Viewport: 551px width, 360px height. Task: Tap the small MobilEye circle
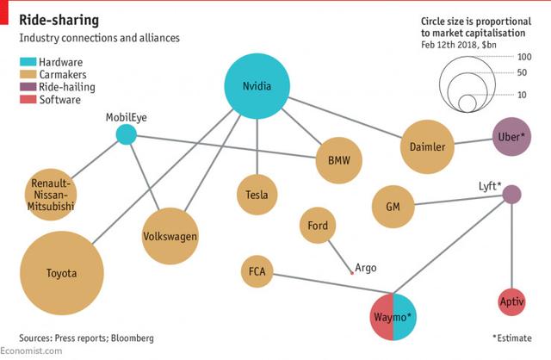tap(127, 135)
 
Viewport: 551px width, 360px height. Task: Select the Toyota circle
tap(61, 274)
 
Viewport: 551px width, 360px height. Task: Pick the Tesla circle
tap(257, 195)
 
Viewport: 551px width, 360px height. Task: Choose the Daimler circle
tap(427, 147)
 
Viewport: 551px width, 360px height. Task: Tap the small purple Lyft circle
tap(511, 195)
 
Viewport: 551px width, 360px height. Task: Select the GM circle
tap(393, 207)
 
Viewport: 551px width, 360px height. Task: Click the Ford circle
tap(318, 226)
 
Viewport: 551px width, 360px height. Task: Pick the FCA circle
tap(257, 272)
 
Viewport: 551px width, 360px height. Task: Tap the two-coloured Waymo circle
tap(393, 317)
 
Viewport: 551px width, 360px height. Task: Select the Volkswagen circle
tap(170, 235)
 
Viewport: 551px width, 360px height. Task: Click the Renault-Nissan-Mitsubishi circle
tap(52, 195)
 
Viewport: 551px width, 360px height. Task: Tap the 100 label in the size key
tap(523, 57)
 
